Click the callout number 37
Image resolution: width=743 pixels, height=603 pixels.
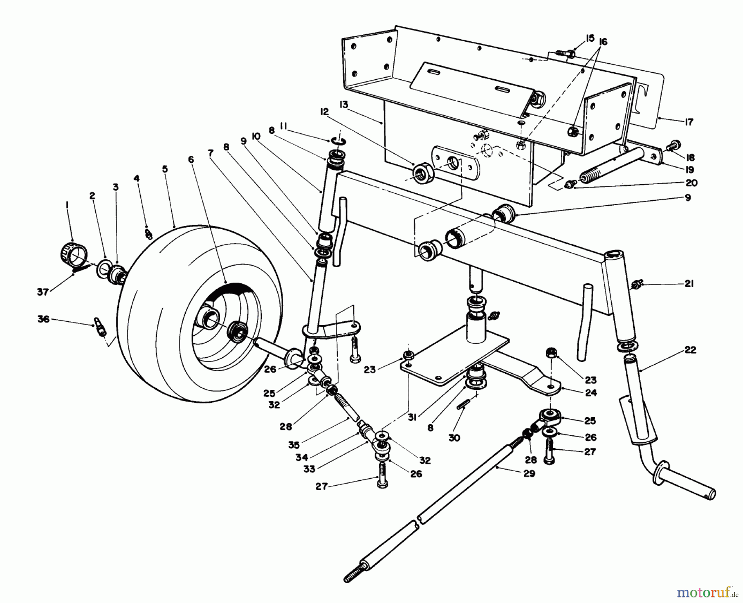point(43,292)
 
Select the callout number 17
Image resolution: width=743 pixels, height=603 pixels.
point(688,122)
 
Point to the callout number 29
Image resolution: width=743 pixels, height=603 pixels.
point(529,474)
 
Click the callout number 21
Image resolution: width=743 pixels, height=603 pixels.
point(688,284)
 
